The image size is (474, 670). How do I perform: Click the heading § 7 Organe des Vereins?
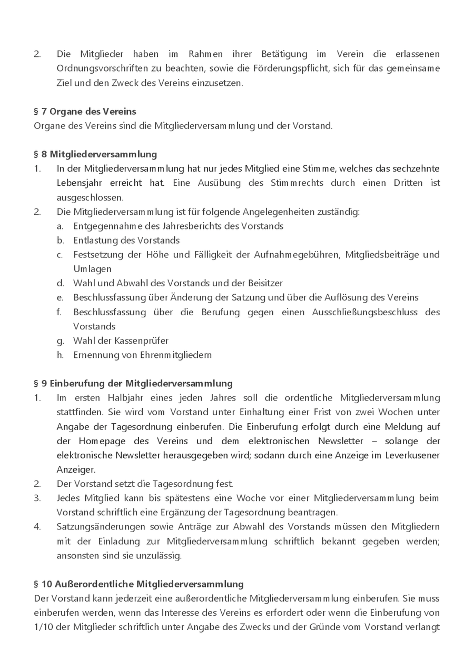point(85,112)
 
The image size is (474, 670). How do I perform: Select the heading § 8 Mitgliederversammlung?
point(95,154)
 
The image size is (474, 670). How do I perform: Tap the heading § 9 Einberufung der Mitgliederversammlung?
point(133,383)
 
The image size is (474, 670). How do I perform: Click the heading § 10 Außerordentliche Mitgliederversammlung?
point(139,584)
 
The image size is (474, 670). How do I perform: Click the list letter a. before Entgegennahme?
point(61,226)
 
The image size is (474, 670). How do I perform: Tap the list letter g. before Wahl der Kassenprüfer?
point(61,341)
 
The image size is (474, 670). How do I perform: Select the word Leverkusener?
point(413,455)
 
